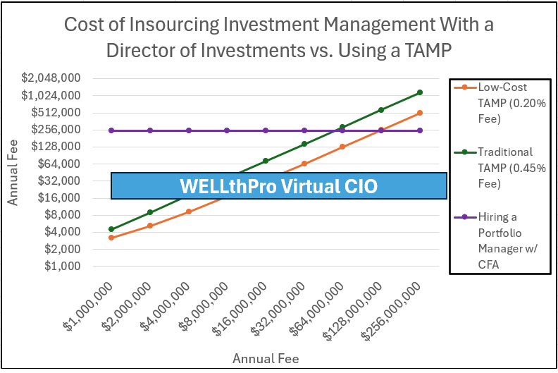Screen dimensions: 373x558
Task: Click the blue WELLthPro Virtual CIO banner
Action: pos(279,186)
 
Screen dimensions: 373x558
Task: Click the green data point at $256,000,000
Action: pos(420,92)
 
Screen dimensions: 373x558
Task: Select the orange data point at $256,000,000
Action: pos(420,113)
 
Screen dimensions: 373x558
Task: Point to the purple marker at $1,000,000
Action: pos(111,130)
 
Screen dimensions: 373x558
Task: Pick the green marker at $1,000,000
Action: pos(111,229)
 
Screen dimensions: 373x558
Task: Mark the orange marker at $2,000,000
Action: pos(150,226)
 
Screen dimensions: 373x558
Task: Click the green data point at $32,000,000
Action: pos(304,144)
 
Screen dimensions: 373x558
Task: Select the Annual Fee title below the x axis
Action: pos(266,358)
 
